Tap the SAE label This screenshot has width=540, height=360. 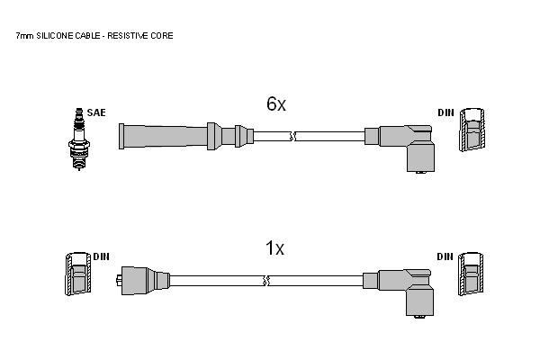[96, 112]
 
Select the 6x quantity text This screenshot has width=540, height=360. [276, 103]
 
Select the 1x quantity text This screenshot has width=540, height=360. [274, 248]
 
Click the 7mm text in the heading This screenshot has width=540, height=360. [24, 36]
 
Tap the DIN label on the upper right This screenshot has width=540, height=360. [446, 112]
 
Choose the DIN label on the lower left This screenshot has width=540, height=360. [101, 256]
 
